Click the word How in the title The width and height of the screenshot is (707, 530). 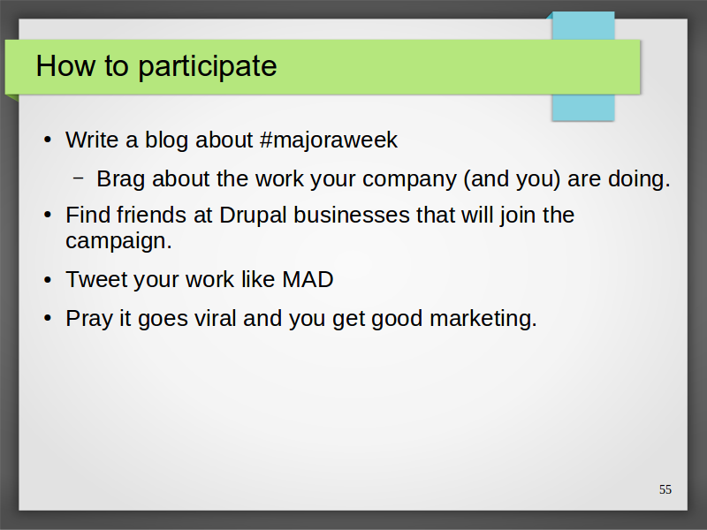65,65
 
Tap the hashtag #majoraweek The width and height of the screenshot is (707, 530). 329,140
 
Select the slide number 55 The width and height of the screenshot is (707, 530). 665,489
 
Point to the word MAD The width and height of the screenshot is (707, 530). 308,279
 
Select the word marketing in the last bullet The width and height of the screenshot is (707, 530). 483,320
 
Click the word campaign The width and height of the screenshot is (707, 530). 118,241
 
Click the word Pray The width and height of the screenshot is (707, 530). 89,320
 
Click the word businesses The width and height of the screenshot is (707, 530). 352,215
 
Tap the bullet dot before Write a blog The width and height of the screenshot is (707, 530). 48,140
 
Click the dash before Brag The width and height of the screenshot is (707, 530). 78,178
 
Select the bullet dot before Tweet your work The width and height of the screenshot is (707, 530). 48,280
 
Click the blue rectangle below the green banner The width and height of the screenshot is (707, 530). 583,108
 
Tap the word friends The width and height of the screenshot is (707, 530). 151,215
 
